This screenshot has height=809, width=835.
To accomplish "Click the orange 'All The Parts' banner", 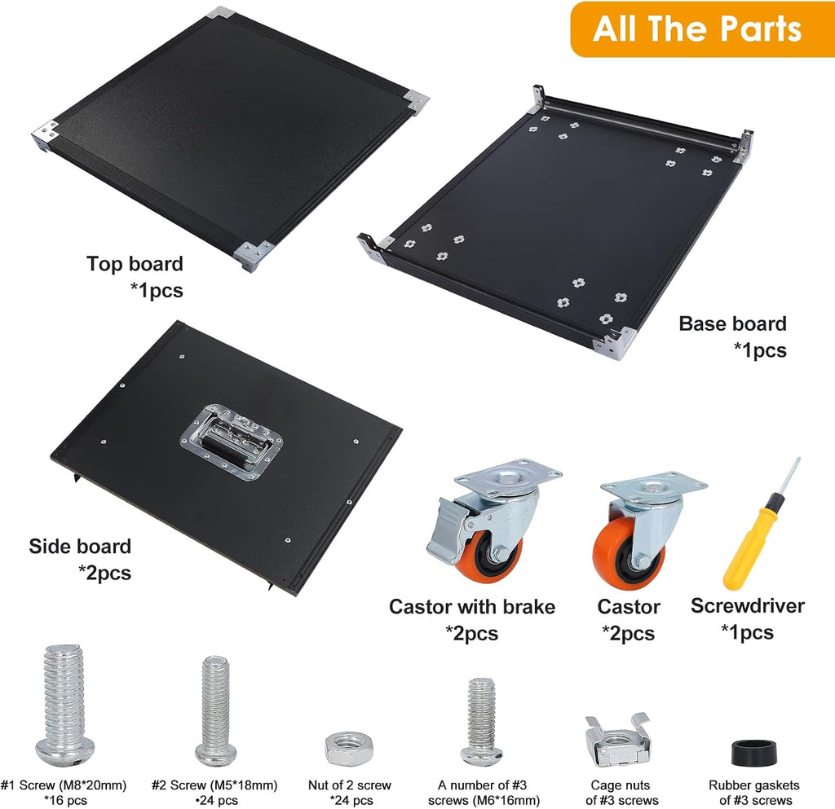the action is [x=702, y=29].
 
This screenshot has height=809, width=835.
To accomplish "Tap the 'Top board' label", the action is [x=135, y=264].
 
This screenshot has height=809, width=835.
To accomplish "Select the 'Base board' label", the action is [x=732, y=323].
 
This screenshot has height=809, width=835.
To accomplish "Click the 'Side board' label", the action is [x=80, y=546].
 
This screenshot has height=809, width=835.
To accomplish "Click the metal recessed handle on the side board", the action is [x=232, y=442].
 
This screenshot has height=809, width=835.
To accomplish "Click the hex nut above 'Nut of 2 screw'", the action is [x=349, y=749].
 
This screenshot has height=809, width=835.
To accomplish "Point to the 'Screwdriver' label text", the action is [x=747, y=605].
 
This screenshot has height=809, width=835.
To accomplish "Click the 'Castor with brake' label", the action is [x=472, y=606].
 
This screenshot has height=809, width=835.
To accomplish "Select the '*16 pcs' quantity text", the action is [x=65, y=800].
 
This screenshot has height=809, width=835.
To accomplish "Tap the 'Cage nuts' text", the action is [x=620, y=785].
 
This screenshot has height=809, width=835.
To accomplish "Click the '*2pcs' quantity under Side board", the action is [x=104, y=573].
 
